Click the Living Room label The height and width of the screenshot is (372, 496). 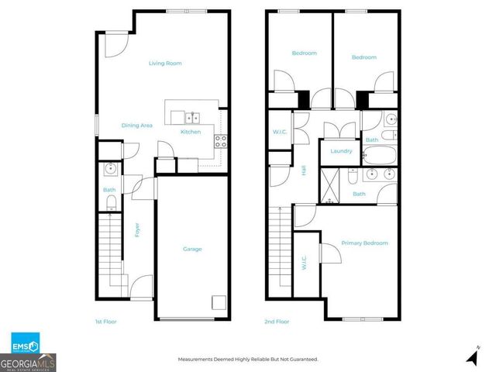[x=165, y=63]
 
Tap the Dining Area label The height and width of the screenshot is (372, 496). [x=136, y=125]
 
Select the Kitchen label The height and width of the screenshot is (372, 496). [x=191, y=132]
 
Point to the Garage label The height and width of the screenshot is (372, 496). [x=192, y=249]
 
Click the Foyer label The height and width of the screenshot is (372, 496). [x=137, y=229]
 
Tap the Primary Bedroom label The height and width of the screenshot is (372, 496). [x=364, y=243]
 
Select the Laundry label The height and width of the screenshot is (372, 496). [x=341, y=151]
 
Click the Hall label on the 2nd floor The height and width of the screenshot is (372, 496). [x=303, y=171]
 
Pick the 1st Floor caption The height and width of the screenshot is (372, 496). [x=105, y=320]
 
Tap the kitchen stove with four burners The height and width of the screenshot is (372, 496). [x=220, y=140]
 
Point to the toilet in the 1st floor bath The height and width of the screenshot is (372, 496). [x=111, y=202]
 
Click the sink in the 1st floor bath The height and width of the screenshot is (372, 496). [x=110, y=167]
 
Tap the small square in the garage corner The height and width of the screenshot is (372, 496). [x=219, y=304]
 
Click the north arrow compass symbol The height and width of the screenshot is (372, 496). [x=470, y=356]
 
